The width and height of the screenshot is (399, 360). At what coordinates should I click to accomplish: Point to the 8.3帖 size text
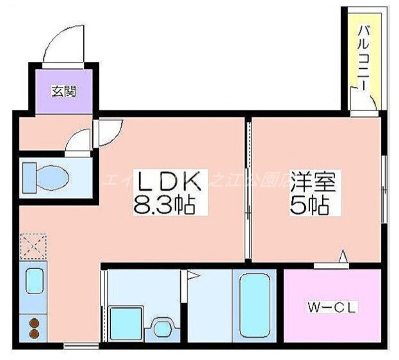[164, 204]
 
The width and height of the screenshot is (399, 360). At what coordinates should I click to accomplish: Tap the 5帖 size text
[309, 204]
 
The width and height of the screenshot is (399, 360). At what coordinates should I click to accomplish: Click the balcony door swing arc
[363, 100]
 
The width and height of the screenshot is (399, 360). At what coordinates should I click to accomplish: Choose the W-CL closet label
[332, 308]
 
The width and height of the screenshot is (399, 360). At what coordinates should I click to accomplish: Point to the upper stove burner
[34, 322]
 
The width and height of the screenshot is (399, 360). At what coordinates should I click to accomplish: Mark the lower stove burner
[34, 333]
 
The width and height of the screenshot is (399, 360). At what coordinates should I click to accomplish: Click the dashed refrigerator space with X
[33, 247]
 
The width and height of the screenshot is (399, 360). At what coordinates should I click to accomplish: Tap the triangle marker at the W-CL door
[343, 257]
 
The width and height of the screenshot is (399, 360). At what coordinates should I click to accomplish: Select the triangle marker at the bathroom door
[193, 275]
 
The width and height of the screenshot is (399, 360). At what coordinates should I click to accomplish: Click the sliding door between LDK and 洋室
[247, 189]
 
